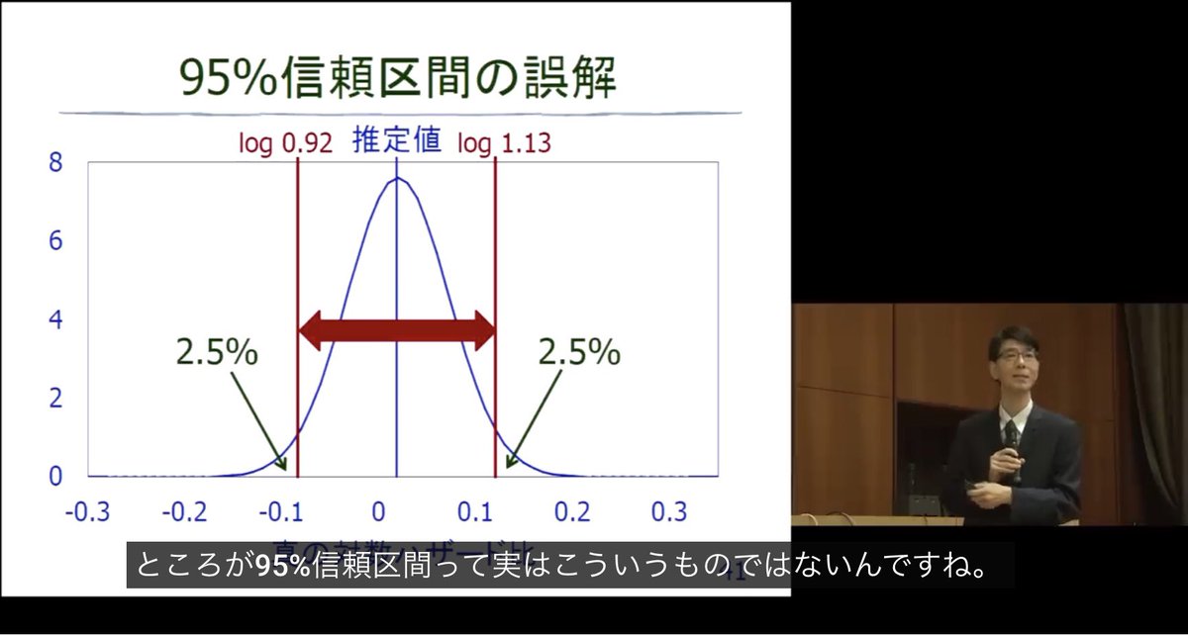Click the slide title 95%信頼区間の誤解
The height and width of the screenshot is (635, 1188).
[x=399, y=77]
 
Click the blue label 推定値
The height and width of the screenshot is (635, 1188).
[x=396, y=141]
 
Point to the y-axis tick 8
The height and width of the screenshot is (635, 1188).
[x=55, y=163]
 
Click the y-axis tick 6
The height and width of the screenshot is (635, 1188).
[x=55, y=241]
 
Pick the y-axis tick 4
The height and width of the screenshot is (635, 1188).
[x=55, y=320]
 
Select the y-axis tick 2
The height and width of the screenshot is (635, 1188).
[x=55, y=399]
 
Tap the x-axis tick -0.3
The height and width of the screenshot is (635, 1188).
[x=87, y=511]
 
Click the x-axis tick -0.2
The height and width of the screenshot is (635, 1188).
[x=184, y=511]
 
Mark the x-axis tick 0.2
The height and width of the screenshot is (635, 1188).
[x=573, y=511]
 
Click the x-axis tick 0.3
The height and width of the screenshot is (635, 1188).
[x=669, y=511]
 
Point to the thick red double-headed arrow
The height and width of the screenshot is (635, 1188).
[x=396, y=330]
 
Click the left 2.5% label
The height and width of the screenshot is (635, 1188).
[x=217, y=352]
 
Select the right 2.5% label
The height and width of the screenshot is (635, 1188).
[x=579, y=352]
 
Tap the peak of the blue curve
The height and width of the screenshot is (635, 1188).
[x=396, y=178]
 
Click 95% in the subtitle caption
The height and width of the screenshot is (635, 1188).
[x=283, y=566]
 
